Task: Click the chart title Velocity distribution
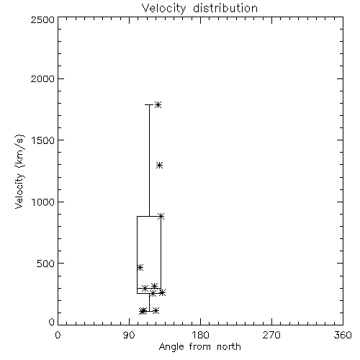tap(199, 9)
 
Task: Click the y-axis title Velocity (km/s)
tap(19, 171)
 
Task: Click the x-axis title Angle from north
tap(199, 347)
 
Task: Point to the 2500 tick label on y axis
tap(42, 19)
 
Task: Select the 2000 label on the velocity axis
tap(42, 78)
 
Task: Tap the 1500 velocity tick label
tap(43, 140)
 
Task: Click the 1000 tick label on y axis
tap(43, 202)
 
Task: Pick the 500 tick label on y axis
tap(46, 264)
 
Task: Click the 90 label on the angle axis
tap(129, 335)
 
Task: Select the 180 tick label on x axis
tap(200, 335)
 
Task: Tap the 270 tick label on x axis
tap(271, 335)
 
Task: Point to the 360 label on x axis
tap(343, 335)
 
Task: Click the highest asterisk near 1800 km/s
tap(158, 104)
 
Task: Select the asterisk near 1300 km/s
tap(160, 166)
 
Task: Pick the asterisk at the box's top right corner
tap(161, 216)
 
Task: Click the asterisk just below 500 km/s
tap(140, 267)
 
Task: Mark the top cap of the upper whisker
tap(149, 104)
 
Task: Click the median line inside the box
tap(149, 288)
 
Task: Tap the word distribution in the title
tap(225, 9)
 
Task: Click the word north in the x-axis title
tap(229, 347)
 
